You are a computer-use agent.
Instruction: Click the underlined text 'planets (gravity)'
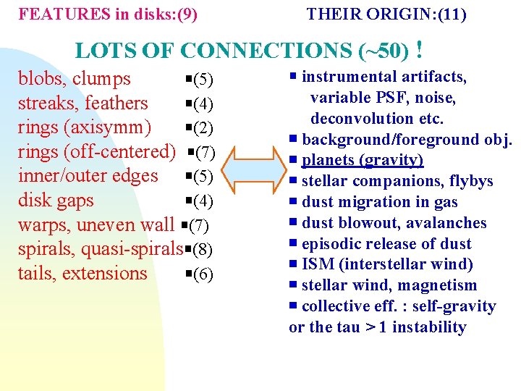click(x=362, y=160)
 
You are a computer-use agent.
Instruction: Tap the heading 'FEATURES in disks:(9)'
click(x=109, y=14)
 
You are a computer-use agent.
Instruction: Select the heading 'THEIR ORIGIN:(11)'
click(x=386, y=14)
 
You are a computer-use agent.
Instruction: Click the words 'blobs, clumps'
click(x=75, y=78)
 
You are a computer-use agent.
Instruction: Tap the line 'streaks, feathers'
click(x=82, y=103)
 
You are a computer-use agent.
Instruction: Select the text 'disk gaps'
click(x=56, y=200)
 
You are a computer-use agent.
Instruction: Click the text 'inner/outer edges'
click(x=88, y=176)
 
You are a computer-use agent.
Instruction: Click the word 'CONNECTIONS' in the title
click(x=266, y=51)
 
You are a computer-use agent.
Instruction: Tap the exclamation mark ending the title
click(x=420, y=50)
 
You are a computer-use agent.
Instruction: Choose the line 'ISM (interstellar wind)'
click(x=387, y=264)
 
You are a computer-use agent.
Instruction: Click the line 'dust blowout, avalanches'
click(x=394, y=223)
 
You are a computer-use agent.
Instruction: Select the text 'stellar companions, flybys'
click(x=397, y=181)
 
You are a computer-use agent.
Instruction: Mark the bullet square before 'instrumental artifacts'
click(x=293, y=76)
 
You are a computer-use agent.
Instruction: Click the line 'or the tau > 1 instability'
click(x=377, y=327)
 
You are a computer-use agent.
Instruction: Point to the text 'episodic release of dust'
click(x=386, y=244)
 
